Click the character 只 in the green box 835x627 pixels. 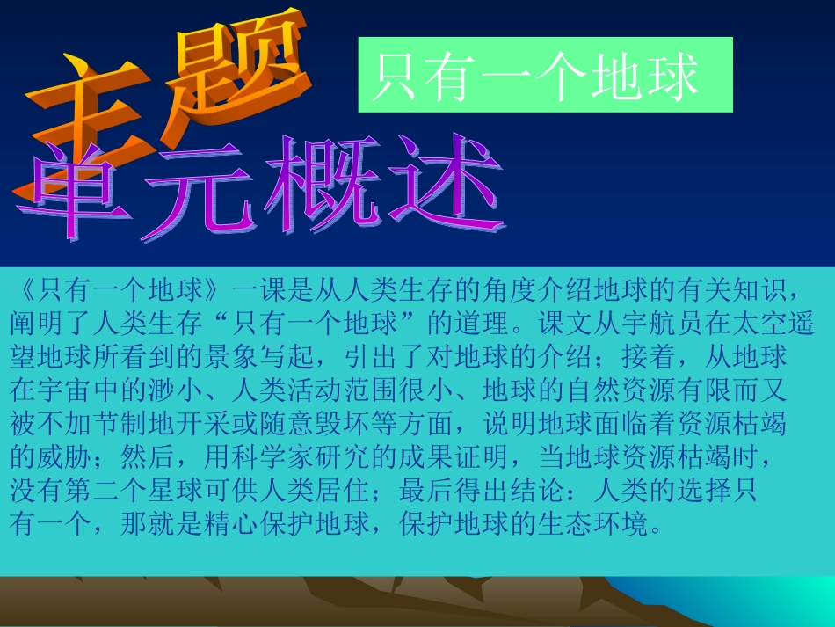394,77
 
